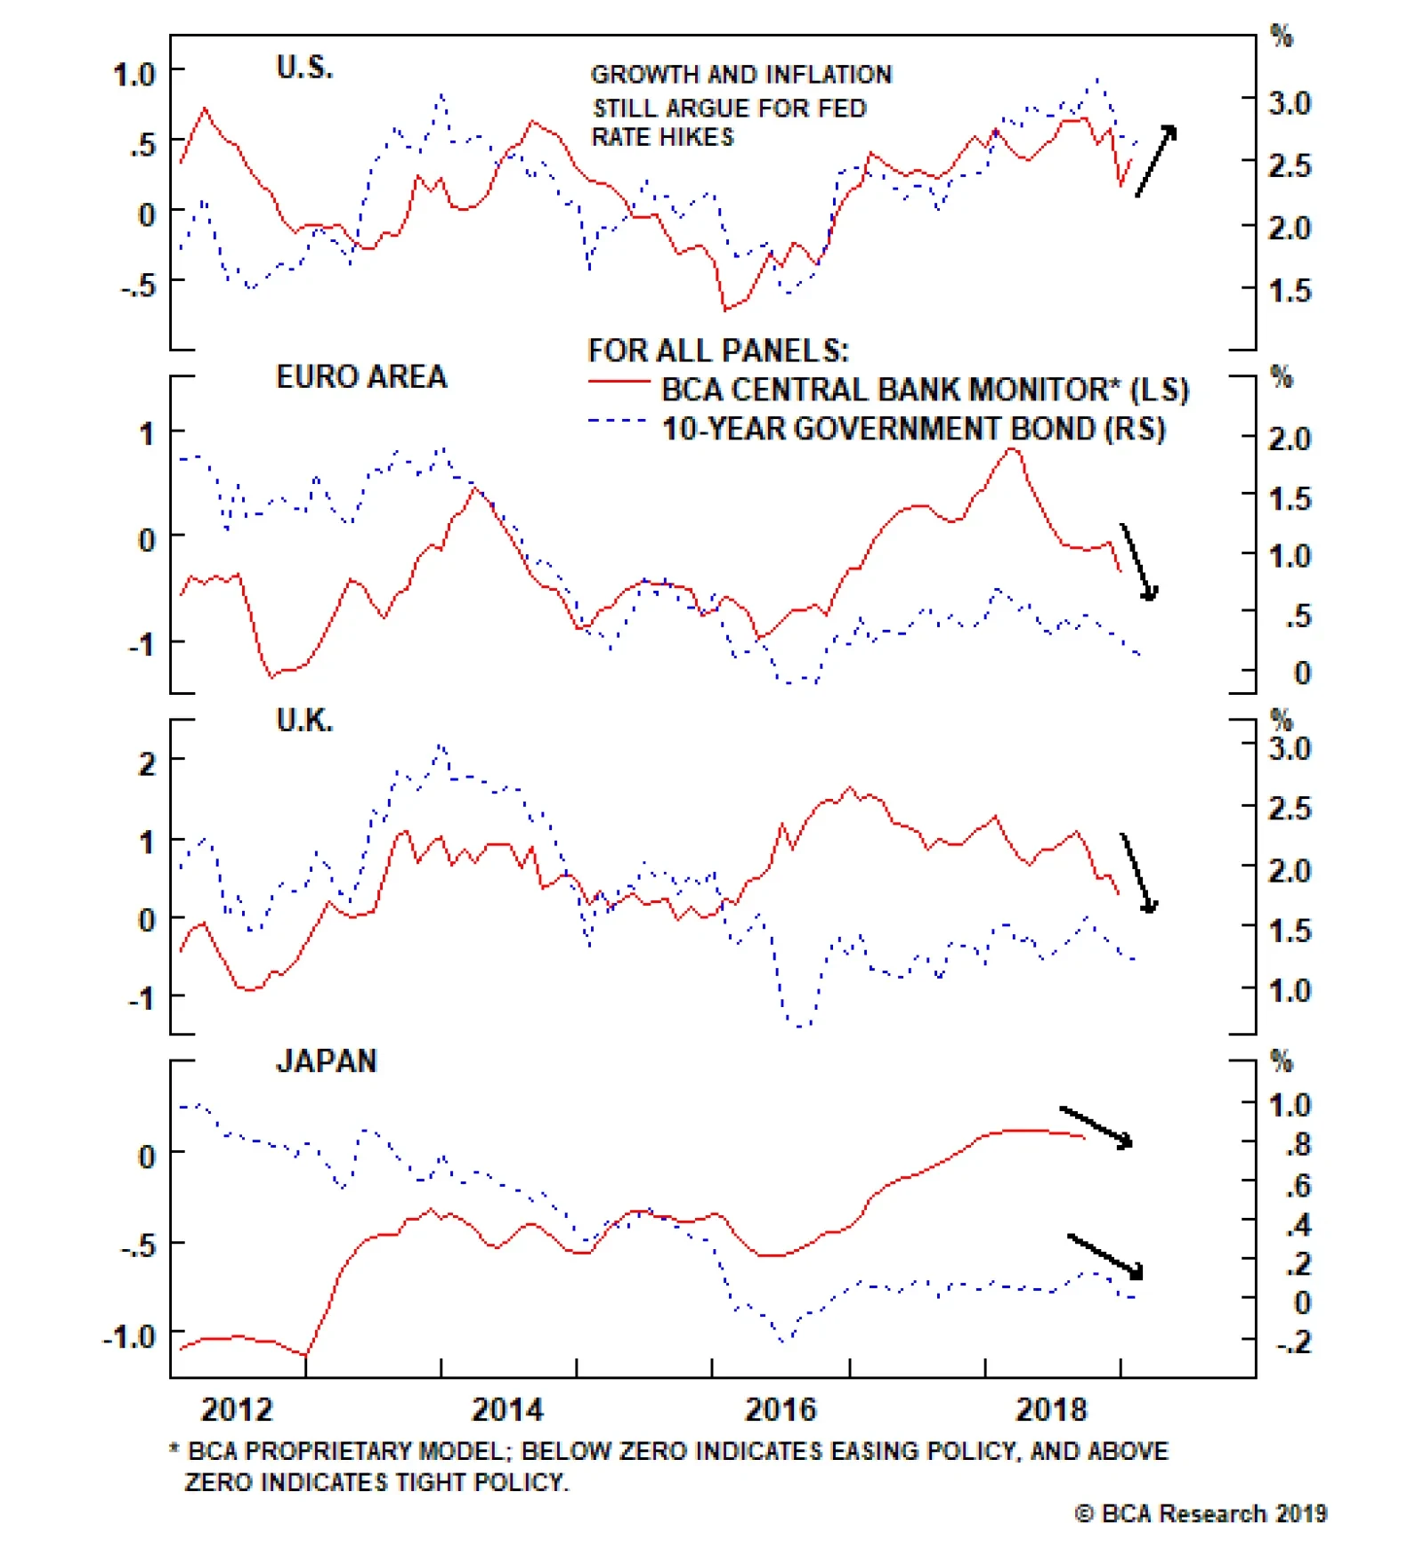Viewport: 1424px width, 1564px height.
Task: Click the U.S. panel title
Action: [304, 67]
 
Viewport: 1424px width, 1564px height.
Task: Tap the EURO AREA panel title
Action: [361, 376]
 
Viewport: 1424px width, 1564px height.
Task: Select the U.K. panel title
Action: [304, 720]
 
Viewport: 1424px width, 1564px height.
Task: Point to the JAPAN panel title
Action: [327, 1060]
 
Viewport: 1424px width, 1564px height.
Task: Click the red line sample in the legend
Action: [619, 383]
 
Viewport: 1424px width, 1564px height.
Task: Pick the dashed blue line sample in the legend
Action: [617, 421]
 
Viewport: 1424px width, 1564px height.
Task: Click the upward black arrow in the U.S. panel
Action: [1156, 160]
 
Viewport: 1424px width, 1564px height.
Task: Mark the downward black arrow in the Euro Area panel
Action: [1138, 561]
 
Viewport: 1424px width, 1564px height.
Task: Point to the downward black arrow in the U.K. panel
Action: [1138, 873]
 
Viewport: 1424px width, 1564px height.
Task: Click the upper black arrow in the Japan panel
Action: [1096, 1126]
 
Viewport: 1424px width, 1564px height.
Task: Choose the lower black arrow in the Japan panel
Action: [1104, 1255]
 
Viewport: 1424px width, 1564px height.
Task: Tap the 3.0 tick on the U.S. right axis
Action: [1290, 103]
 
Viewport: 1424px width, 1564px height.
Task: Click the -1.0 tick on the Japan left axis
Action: [130, 1336]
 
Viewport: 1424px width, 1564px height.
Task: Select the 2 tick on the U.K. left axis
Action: [147, 762]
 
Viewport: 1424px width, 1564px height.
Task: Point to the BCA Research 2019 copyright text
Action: [1201, 1513]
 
